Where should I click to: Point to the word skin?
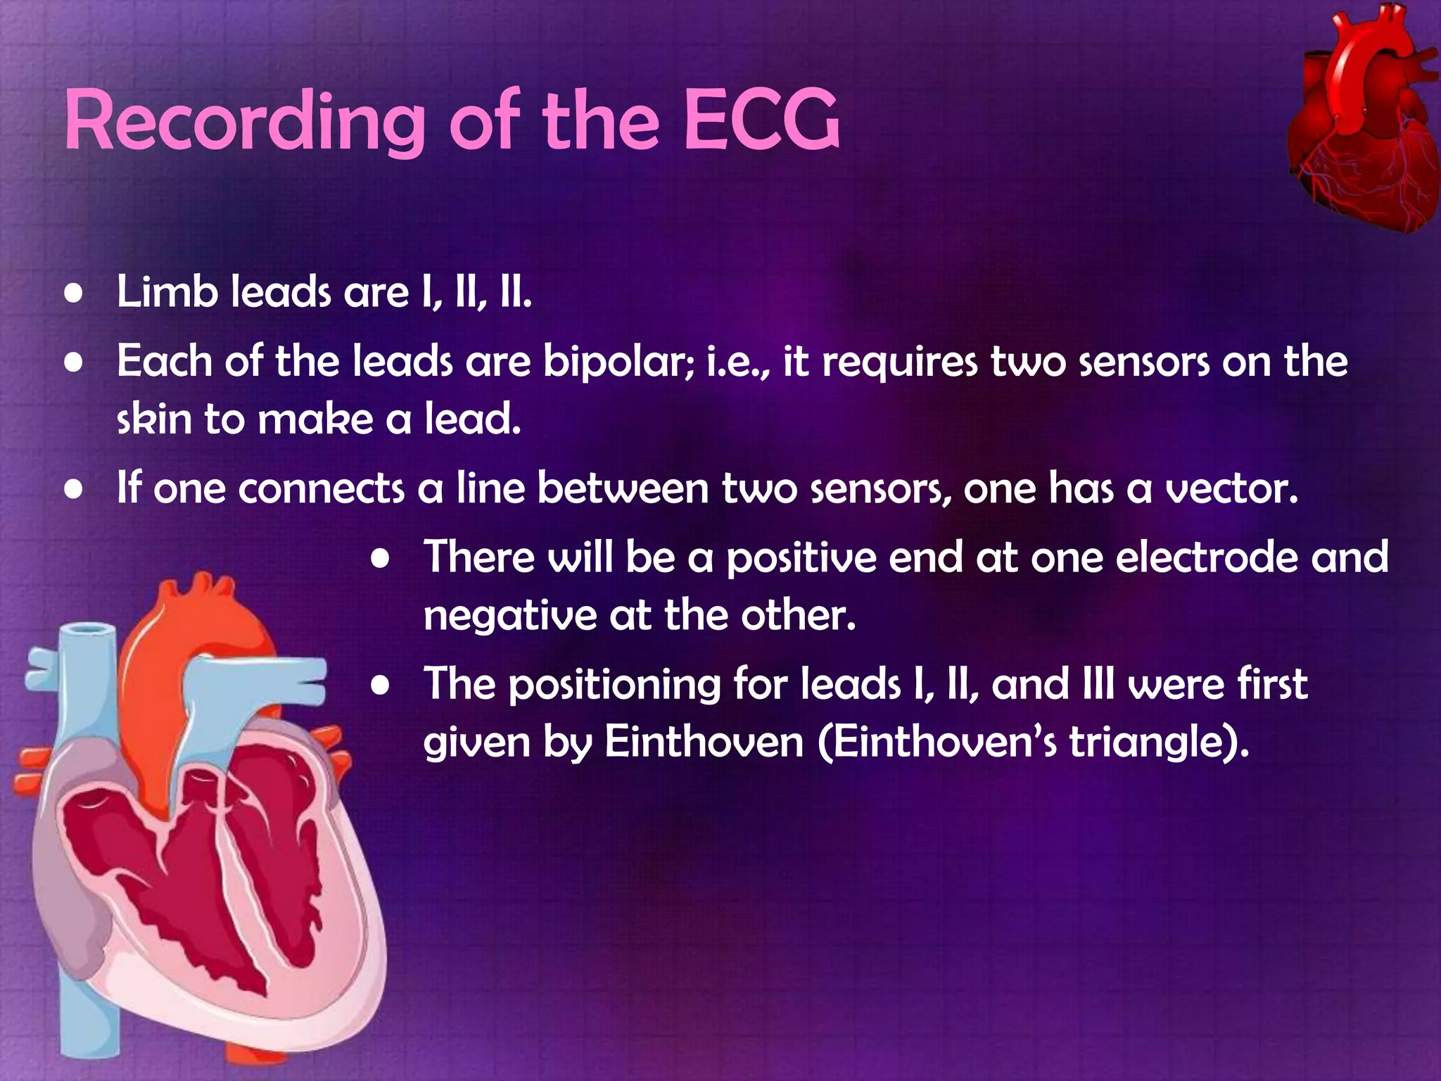click(x=154, y=419)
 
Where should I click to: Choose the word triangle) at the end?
click(x=1159, y=742)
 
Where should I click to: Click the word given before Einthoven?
click(x=476, y=744)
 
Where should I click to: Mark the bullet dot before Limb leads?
click(x=74, y=294)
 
